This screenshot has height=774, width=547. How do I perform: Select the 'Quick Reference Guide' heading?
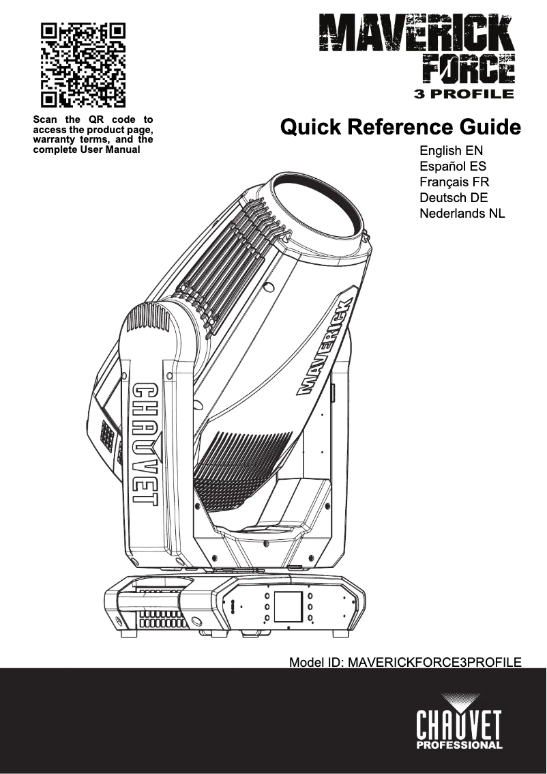(400, 128)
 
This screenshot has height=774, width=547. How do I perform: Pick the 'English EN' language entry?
(452, 151)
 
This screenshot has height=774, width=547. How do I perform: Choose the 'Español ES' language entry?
(453, 167)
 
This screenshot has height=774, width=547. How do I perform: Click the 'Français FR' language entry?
(454, 182)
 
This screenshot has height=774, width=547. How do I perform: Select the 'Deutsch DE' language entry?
(454, 198)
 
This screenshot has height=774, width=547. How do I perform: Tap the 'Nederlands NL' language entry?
(462, 214)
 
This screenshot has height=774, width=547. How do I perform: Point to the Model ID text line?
(405, 662)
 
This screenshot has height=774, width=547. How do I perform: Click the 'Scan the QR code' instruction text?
(93, 134)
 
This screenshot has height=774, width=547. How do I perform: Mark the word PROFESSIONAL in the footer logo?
(459, 745)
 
